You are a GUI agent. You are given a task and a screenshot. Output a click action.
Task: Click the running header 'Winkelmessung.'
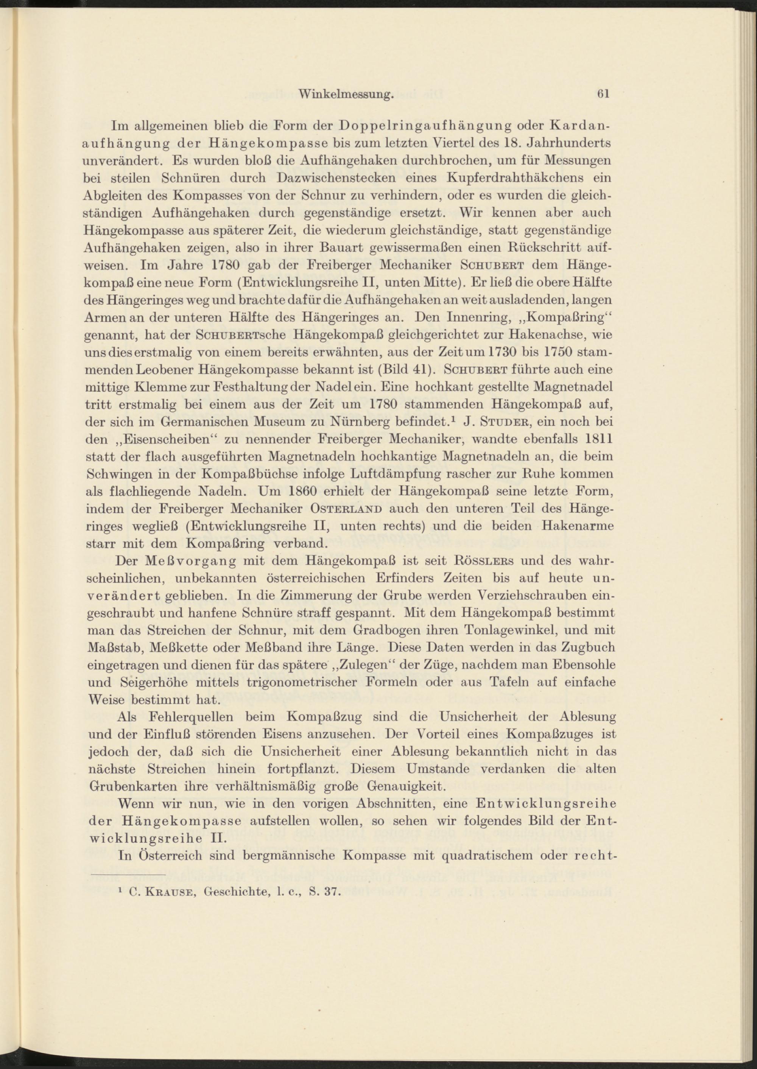[x=346, y=94]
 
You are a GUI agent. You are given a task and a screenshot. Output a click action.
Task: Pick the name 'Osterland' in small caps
[x=346, y=509]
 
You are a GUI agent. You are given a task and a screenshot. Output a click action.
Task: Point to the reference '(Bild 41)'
[x=407, y=370]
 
